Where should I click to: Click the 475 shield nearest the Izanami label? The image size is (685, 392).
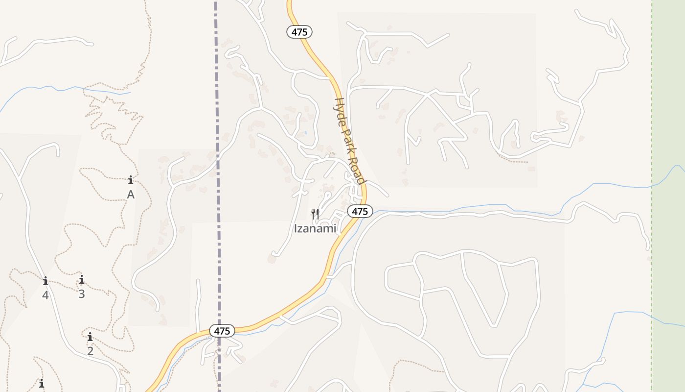click(x=360, y=211)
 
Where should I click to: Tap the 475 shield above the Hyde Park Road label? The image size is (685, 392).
click(x=299, y=32)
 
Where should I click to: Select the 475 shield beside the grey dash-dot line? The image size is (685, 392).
click(x=222, y=331)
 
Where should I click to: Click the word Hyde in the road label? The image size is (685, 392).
click(x=339, y=109)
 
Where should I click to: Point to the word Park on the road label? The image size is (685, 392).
click(x=347, y=141)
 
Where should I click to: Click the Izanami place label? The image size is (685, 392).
click(x=315, y=228)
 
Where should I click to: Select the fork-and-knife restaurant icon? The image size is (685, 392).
click(x=315, y=214)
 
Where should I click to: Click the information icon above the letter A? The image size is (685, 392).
click(x=131, y=180)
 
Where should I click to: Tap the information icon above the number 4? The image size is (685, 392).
click(x=46, y=281)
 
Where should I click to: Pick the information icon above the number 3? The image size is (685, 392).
click(x=82, y=279)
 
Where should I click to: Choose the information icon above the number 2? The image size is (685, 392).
click(x=90, y=337)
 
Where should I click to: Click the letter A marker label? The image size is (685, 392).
click(x=131, y=195)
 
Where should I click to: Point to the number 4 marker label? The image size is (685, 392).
click(x=46, y=295)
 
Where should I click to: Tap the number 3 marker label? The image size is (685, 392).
click(x=82, y=294)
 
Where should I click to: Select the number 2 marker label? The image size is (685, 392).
click(x=90, y=351)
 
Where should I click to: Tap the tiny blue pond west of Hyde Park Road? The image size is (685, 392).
click(x=306, y=132)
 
